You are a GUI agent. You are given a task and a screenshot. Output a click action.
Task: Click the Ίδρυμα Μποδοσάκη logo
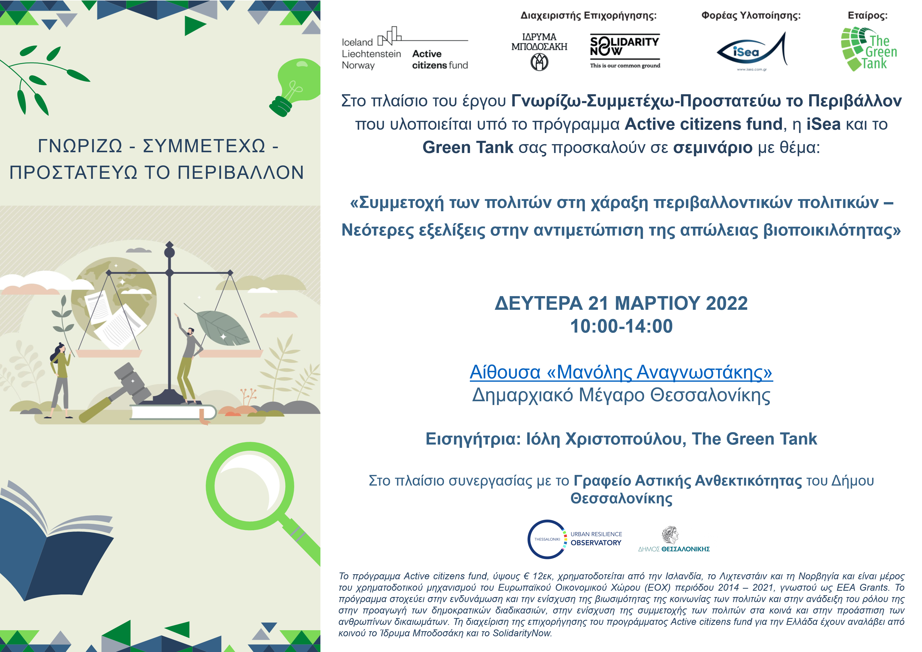pyautogui.click(x=539, y=51)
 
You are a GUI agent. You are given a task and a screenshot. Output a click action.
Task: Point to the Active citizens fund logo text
pyautogui.click(x=440, y=60)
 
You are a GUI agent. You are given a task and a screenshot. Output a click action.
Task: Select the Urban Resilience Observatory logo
pyautogui.click(x=574, y=539)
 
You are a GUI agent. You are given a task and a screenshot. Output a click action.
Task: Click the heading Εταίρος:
pyautogui.click(x=867, y=16)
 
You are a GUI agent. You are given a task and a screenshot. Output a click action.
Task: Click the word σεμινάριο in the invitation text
pyautogui.click(x=712, y=147)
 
